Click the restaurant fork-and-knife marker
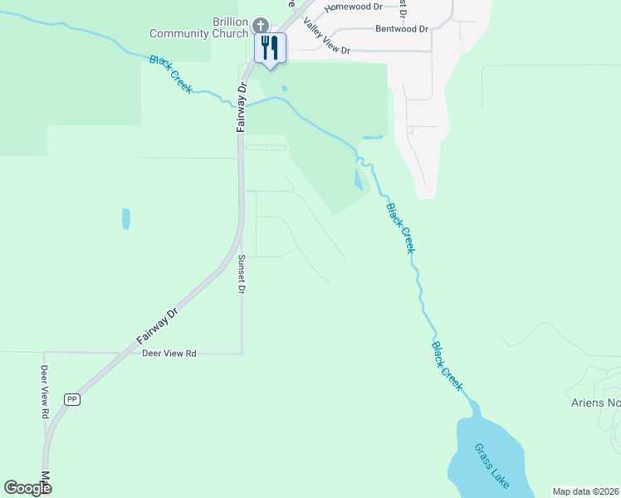[x=269, y=47]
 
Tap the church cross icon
[x=261, y=26]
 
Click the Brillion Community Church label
[x=199, y=27]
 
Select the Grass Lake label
[x=491, y=465]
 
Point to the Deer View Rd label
[x=169, y=354]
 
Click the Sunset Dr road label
[x=242, y=275]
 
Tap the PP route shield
[x=72, y=399]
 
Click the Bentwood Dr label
[x=401, y=29]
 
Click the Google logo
[x=27, y=488]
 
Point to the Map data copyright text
[x=585, y=491]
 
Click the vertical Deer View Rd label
[x=45, y=391]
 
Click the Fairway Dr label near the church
[x=242, y=107]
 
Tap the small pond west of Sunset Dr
[x=126, y=218]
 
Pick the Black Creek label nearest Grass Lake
[x=447, y=366]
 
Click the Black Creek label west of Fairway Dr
[x=170, y=74]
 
